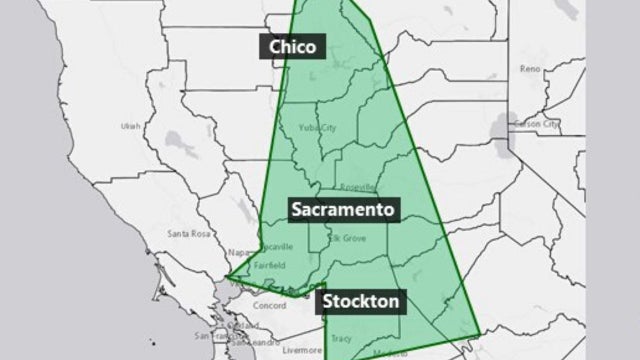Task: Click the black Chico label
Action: [x=292, y=47]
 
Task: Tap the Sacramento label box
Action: [x=345, y=210]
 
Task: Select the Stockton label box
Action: [x=361, y=300]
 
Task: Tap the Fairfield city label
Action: [x=270, y=265]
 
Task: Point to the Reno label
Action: [x=530, y=69]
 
